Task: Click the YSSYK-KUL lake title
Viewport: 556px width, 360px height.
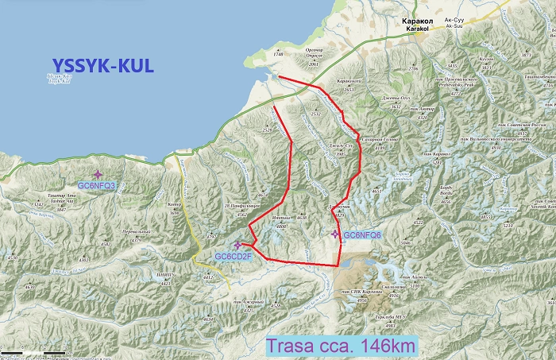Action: tap(102, 65)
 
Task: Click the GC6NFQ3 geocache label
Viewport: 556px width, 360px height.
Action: tap(97, 185)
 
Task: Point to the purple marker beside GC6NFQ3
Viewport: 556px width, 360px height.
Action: tap(98, 174)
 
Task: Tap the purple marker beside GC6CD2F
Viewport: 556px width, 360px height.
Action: tap(237, 245)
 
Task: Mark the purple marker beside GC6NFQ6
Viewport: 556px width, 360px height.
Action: tap(335, 234)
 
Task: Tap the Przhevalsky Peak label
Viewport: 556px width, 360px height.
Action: tap(470, 82)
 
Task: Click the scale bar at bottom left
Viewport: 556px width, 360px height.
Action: tap(32, 352)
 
